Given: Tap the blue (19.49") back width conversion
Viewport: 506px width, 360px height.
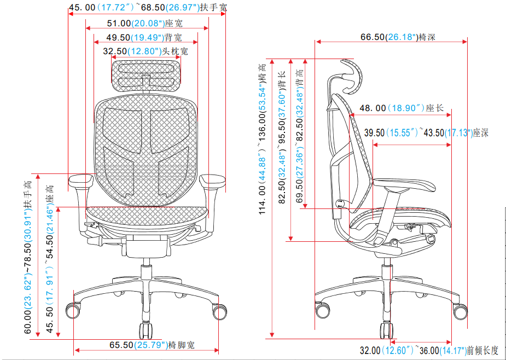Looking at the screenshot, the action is pos(148,38).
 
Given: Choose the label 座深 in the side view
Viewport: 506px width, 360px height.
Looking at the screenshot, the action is pos(480,133).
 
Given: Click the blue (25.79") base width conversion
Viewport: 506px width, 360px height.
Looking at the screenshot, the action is pos(151,345).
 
